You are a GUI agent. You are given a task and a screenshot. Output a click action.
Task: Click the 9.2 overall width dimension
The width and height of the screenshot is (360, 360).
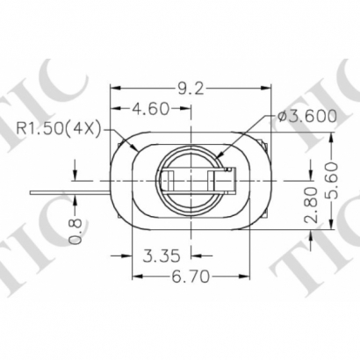pyautogui.click(x=190, y=87)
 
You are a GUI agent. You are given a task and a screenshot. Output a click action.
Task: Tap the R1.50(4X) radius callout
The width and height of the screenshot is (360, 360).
pyautogui.click(x=56, y=130)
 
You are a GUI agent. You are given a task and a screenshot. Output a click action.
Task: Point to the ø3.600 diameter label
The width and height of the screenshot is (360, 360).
pyautogui.click(x=306, y=115)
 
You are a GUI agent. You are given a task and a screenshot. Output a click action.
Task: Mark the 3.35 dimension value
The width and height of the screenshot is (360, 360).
pyautogui.click(x=162, y=256)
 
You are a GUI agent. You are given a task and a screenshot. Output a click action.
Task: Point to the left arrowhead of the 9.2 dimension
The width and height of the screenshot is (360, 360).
pyautogui.click(x=114, y=87)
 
